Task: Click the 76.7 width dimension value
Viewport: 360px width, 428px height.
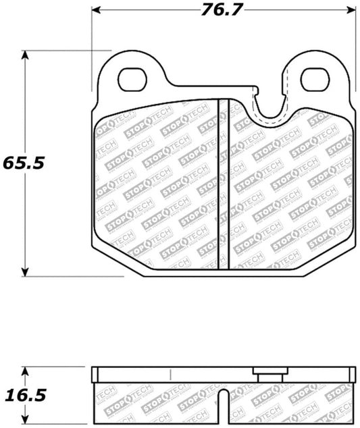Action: [x=221, y=10]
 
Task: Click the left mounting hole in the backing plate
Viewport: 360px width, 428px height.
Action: [x=131, y=80]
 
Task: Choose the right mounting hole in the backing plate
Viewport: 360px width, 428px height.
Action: [x=314, y=80]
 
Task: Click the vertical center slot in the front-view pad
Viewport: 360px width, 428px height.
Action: [x=224, y=184]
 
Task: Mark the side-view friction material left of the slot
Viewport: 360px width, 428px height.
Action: [x=159, y=402]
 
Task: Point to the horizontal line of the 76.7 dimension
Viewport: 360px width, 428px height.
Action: [x=155, y=10]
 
